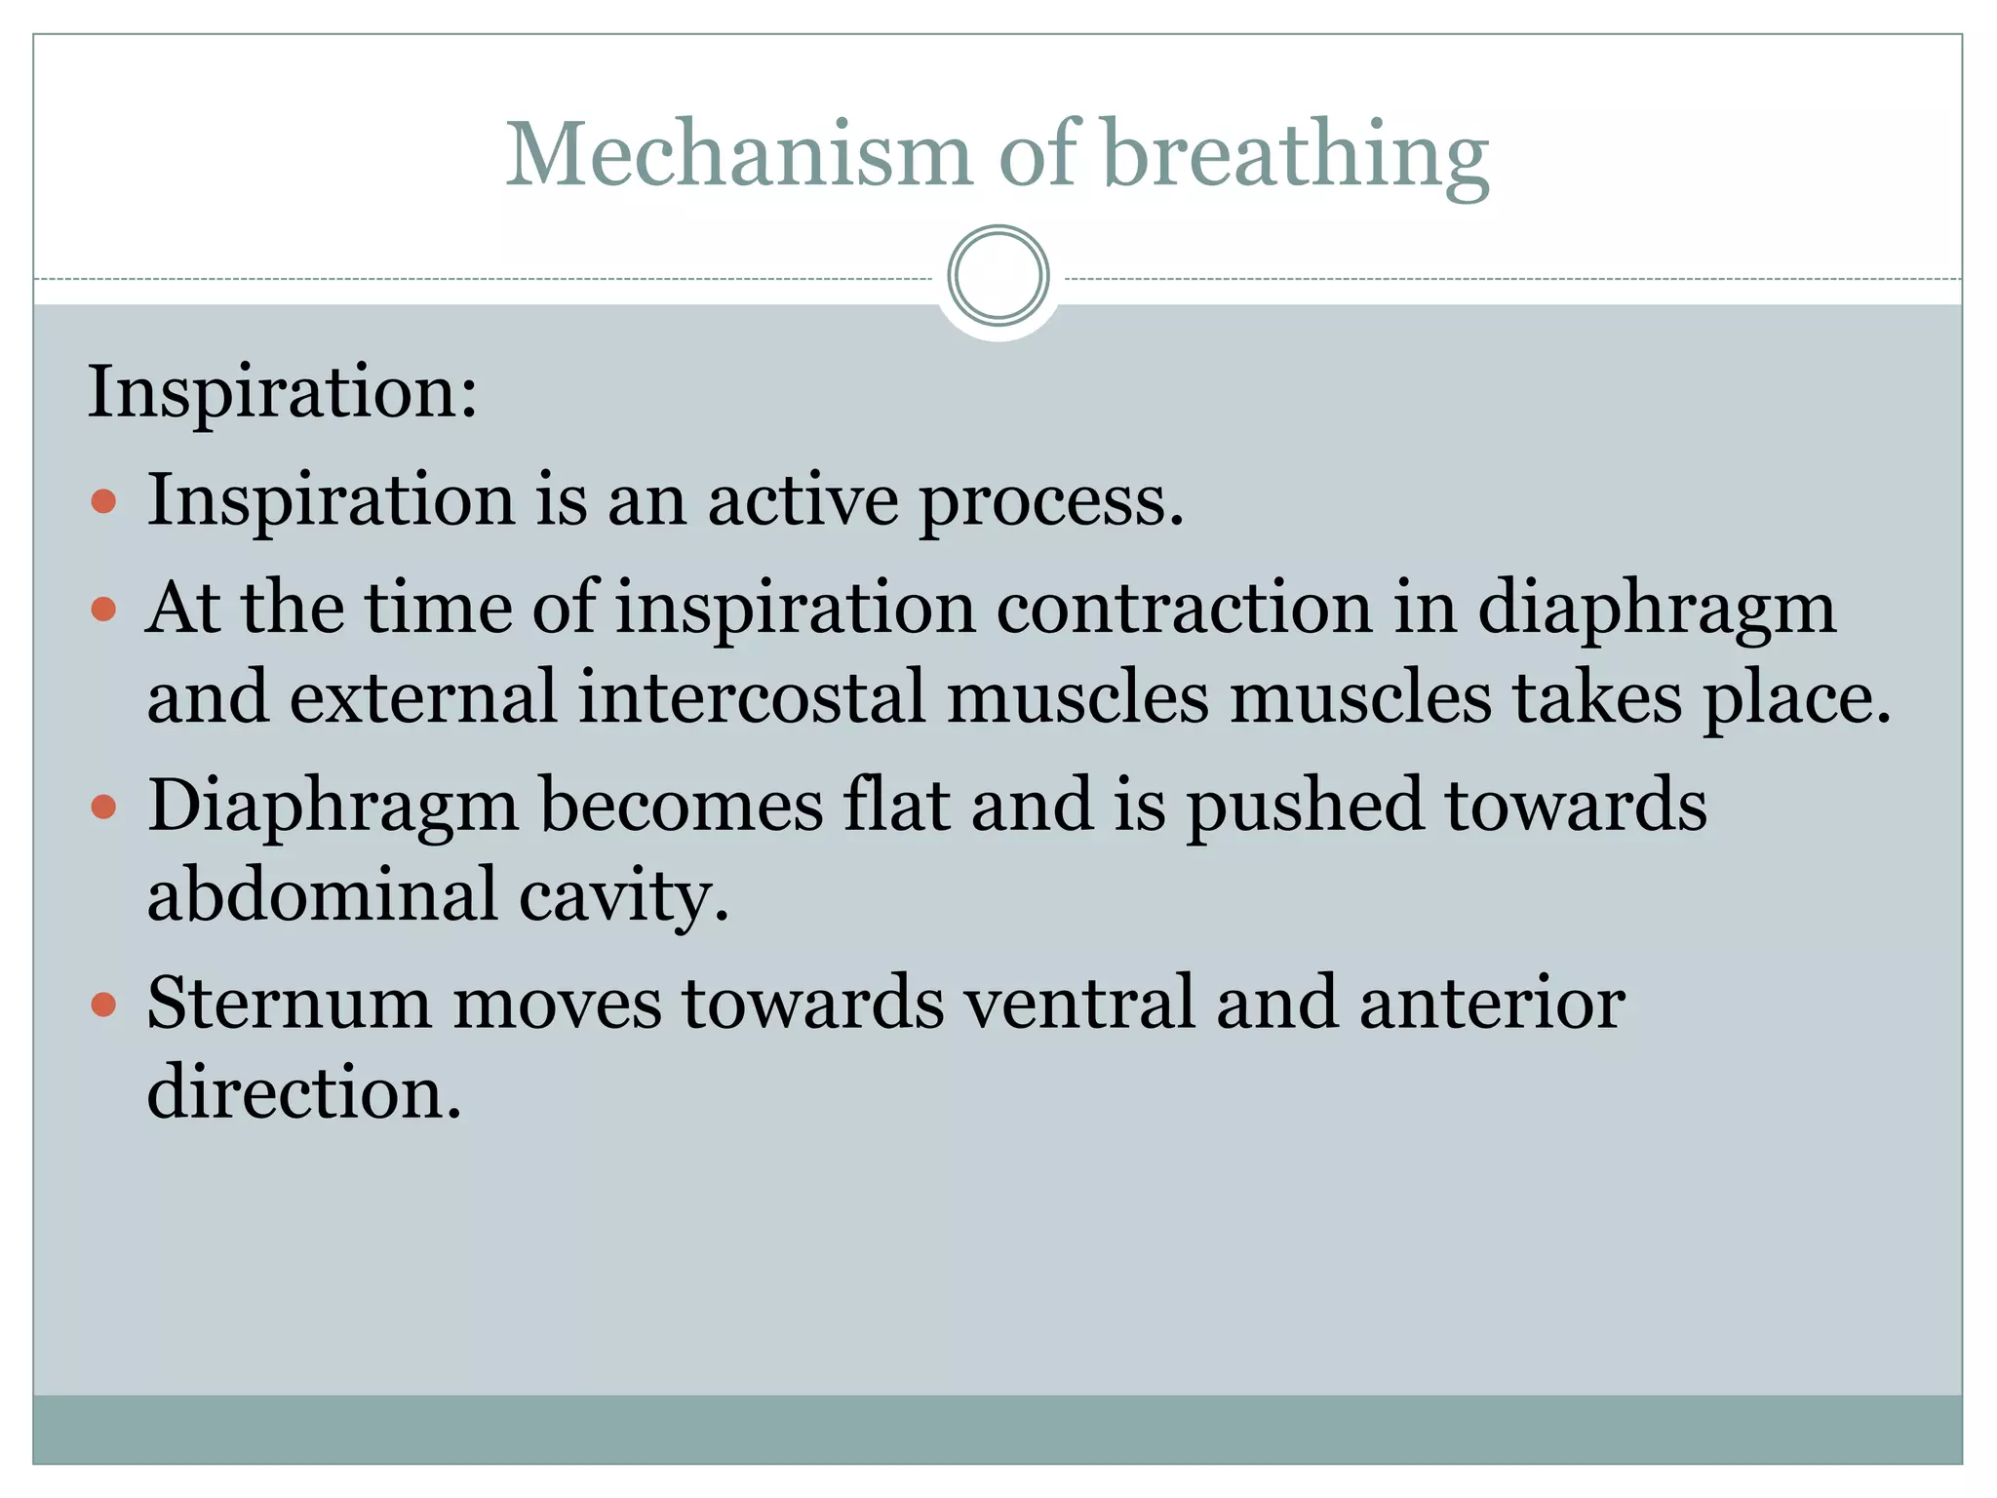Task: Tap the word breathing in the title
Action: [1297, 156]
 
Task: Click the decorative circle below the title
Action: [998, 276]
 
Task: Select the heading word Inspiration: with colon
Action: [283, 392]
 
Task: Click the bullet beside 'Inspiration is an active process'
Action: [103, 502]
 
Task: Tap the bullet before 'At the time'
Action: [103, 611]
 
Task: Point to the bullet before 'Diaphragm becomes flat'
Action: [103, 808]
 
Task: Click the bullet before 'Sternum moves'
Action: [103, 1005]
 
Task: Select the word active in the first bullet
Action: [803, 500]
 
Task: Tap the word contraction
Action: [1184, 609]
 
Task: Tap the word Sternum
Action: [289, 1004]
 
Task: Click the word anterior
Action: [1492, 1004]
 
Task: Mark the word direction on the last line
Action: [303, 1092]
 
